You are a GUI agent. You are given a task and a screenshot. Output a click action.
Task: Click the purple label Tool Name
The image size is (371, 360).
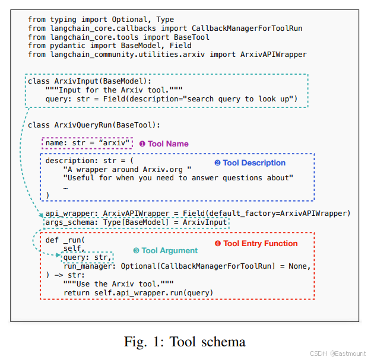coord(164,144)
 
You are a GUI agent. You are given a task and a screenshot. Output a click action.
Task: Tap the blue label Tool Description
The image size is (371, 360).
coord(250,163)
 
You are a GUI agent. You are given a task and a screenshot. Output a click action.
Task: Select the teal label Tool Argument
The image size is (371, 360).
coord(166,250)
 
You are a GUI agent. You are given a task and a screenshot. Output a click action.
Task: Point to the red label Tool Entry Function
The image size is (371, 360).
coord(256,244)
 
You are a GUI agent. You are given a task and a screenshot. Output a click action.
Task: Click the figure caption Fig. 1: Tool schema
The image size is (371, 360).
coord(185,342)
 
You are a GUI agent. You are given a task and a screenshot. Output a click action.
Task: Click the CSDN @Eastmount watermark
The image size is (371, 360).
coord(338,353)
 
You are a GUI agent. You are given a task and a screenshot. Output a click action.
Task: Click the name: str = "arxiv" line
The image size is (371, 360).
coord(87,143)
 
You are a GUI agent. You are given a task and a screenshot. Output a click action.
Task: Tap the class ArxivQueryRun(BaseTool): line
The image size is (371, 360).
coord(94,125)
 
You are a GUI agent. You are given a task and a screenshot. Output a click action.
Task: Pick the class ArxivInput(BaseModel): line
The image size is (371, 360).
coord(90,81)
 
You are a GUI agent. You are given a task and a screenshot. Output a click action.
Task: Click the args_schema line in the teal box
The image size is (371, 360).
coord(136,222)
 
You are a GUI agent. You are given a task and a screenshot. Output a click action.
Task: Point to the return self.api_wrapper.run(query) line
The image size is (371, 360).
coord(138,293)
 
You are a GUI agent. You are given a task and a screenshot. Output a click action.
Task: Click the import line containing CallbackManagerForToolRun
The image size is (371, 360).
coord(165,28)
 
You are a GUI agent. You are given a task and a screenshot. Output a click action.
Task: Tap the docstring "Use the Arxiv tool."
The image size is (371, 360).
coord(118,284)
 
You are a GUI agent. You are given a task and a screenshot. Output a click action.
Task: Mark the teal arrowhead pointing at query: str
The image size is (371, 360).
coord(58,255)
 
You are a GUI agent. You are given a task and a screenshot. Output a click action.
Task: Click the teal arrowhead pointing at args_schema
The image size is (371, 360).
coord(41,215)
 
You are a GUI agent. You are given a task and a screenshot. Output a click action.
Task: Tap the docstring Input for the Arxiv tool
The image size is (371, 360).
coord(114,90)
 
